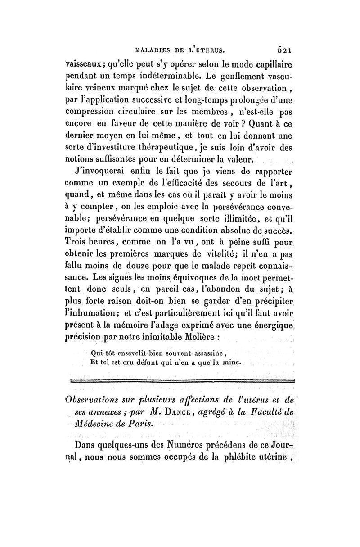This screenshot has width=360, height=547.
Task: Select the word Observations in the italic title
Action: point(93,400)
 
